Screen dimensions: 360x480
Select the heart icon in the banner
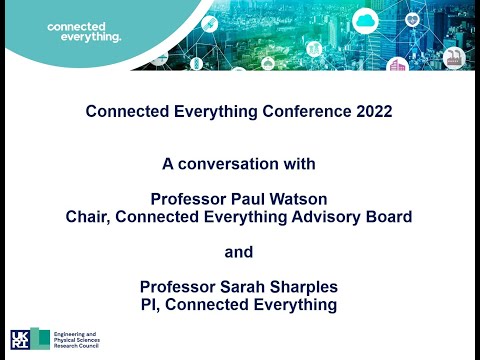411,18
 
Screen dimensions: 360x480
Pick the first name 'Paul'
245,197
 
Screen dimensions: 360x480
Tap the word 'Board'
390,215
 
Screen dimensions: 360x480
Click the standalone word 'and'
239,252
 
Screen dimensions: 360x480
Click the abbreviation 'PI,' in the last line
155,305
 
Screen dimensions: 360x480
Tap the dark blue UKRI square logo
20,340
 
